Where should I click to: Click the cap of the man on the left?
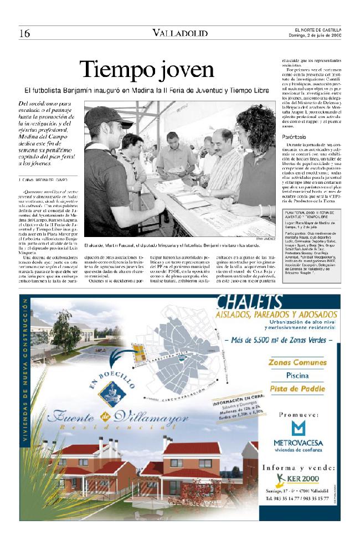pos(108,116)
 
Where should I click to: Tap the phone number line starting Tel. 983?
pos(298,499)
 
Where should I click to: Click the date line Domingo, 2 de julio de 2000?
pos(315,36)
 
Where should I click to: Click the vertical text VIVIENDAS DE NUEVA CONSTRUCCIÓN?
pos(25,388)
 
